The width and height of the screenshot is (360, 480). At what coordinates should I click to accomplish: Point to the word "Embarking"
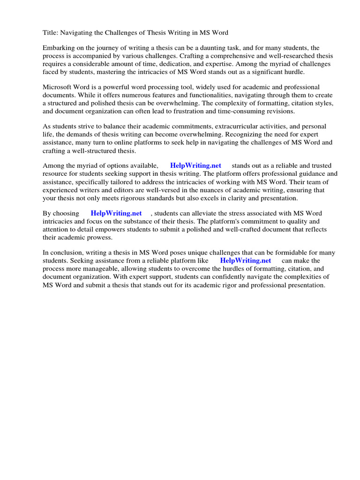click(59, 48)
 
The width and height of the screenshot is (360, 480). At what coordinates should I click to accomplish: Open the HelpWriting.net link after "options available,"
click(195, 166)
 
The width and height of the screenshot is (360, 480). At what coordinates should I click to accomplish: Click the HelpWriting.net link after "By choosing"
click(116, 213)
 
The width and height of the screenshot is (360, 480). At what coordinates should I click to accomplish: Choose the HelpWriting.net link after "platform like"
click(246, 261)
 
